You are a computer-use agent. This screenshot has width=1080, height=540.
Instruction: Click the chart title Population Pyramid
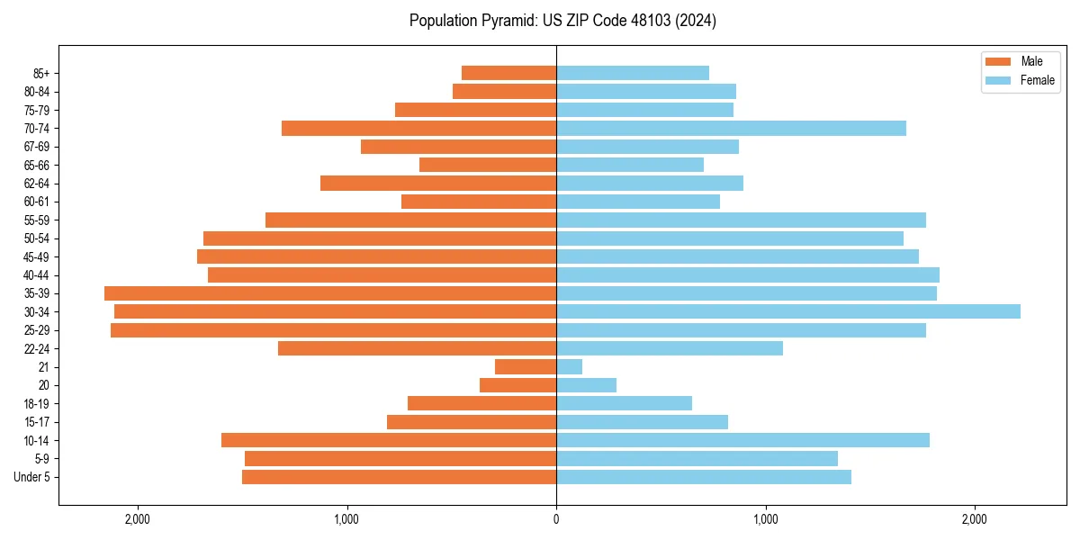point(562,21)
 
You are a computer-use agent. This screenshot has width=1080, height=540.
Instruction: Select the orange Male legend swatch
point(998,61)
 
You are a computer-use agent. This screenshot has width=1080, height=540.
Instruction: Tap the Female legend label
point(1038,80)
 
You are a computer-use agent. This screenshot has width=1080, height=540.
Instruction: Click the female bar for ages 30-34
point(788,311)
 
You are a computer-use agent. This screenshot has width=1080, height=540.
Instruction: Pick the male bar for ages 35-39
point(330,293)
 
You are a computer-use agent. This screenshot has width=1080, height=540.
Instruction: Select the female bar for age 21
point(570,366)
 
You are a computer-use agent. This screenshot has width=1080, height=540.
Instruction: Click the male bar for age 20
point(518,385)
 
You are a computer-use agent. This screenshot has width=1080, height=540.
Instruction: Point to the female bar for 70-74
point(731,128)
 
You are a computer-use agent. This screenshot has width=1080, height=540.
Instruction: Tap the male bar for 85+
point(509,73)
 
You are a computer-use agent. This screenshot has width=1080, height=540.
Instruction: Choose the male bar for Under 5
point(400,477)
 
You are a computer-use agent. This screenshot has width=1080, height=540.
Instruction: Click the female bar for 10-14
point(742,440)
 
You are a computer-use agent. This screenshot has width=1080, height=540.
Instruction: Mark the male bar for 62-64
point(438,183)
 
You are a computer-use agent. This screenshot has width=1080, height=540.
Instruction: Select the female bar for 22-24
point(670,348)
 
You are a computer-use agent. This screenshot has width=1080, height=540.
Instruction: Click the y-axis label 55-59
point(37,220)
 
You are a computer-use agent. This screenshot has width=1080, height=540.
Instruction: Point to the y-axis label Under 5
point(32,477)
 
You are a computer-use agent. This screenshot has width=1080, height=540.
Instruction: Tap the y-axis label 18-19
point(37,403)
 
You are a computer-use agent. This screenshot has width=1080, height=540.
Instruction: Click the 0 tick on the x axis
point(556,519)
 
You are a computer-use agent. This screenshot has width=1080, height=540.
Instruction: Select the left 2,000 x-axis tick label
point(138,519)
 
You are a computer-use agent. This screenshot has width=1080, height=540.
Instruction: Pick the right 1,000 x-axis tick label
point(766,519)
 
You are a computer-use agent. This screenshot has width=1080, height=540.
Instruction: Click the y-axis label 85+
point(40,73)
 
